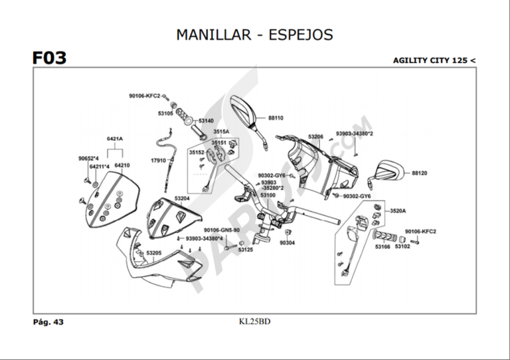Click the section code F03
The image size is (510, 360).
49,58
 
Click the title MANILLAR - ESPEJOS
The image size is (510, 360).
254,35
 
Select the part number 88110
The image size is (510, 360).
276,118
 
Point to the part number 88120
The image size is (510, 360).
419,173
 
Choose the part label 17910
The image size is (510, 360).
158,160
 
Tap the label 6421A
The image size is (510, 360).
115,139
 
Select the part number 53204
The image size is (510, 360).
182,198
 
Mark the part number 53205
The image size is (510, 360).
154,253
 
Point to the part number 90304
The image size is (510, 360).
287,243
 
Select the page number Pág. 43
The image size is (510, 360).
48,322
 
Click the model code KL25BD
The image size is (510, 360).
255,322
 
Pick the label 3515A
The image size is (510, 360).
221,132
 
